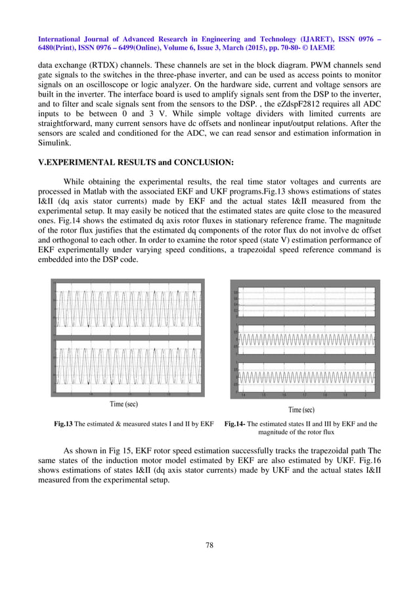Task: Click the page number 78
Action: tap(209, 544)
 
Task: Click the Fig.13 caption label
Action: tap(63, 424)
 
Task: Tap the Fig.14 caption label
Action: tap(234, 424)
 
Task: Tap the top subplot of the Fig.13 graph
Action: tap(127, 307)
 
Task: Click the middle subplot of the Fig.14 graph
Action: tap(305, 340)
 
